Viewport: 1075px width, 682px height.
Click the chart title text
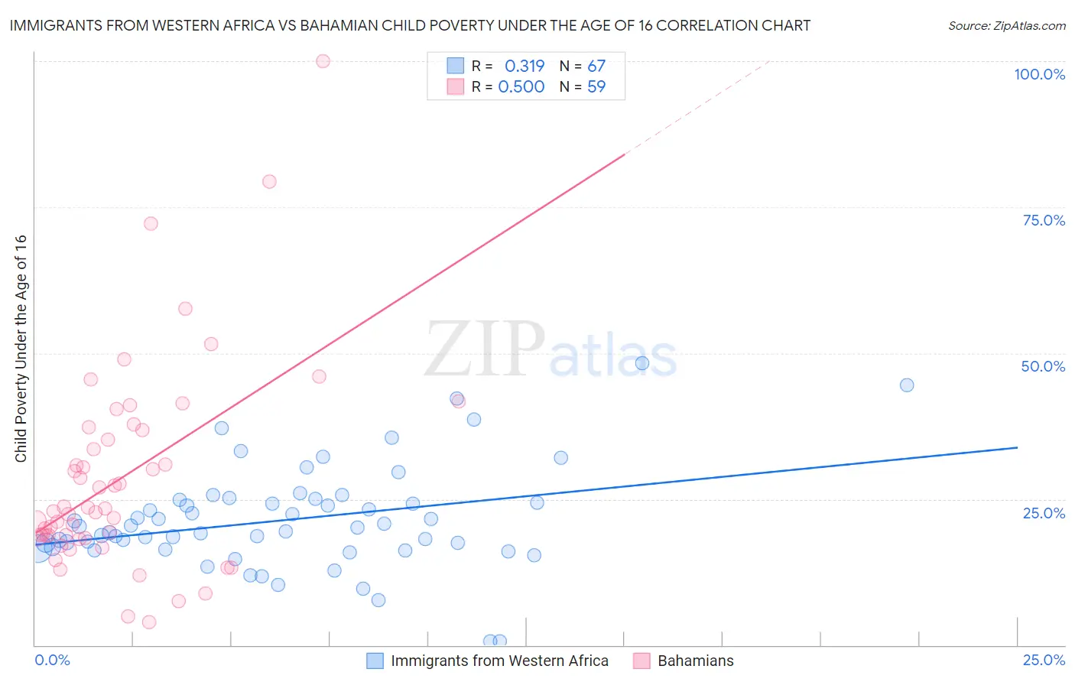(410, 25)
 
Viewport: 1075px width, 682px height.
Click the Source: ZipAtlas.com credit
(1006, 26)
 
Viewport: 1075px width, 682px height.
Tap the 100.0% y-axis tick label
(1039, 74)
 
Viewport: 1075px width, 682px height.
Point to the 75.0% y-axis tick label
(1044, 220)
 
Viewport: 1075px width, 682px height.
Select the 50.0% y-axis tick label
(1043, 366)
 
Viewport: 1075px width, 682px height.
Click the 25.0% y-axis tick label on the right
(1044, 512)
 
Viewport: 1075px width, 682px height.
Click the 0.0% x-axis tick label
(52, 660)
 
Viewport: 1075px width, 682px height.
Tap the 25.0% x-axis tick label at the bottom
(1044, 660)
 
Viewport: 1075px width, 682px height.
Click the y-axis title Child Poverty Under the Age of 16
(21, 348)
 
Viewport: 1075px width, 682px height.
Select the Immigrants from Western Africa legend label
(499, 661)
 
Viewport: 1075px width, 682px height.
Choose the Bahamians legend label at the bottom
(695, 661)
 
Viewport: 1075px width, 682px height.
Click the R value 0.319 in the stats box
(525, 66)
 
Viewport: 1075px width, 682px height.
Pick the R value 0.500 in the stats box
(521, 86)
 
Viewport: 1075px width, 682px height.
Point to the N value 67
(596, 66)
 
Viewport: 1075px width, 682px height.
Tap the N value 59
(596, 86)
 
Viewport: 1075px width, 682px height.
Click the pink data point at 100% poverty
(323, 61)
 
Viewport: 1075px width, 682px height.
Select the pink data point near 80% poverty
(269, 181)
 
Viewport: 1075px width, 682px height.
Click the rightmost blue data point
(907, 385)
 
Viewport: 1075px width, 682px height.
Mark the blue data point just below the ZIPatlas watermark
(642, 363)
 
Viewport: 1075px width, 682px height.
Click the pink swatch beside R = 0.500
(456, 86)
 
